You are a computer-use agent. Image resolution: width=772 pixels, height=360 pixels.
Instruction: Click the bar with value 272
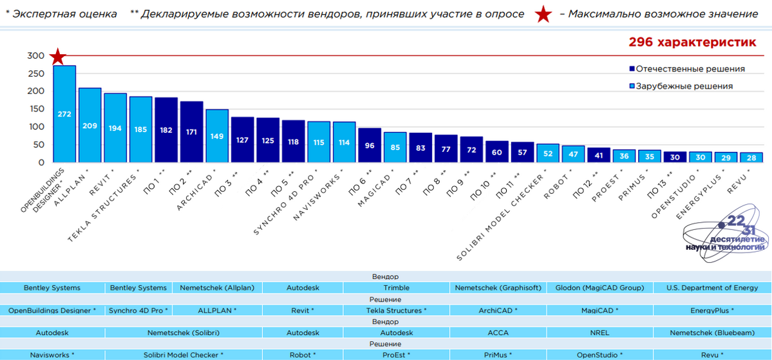tap(64, 114)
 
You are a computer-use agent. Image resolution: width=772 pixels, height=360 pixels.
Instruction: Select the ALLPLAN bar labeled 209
tap(89, 125)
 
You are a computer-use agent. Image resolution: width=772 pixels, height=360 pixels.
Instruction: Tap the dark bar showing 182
tap(166, 130)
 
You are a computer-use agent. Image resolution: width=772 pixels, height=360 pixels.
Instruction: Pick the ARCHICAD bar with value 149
tap(217, 136)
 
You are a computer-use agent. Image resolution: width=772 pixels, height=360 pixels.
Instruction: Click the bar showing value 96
tap(370, 146)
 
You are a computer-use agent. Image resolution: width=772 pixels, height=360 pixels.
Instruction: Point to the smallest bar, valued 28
tap(750, 157)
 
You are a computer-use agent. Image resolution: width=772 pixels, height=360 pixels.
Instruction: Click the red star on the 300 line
tap(58, 57)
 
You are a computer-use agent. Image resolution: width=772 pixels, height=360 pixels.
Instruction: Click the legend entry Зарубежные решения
tap(681, 86)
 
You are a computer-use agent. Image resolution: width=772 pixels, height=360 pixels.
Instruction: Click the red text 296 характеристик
tap(692, 42)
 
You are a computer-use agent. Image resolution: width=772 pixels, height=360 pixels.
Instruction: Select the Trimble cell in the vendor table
tap(396, 288)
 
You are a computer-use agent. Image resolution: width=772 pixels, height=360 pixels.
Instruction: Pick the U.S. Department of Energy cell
tap(712, 288)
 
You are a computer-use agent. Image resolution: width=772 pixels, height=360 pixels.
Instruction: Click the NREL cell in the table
tap(599, 333)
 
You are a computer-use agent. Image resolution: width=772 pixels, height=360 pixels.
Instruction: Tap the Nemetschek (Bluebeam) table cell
tap(712, 333)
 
